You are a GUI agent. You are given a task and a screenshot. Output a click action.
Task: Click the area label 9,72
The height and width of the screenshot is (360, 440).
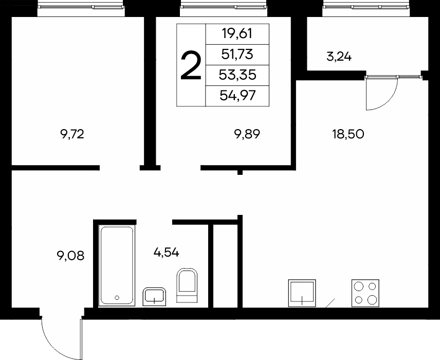coord(72,134)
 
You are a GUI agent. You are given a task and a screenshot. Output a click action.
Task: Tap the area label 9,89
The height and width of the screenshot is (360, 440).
coord(247,134)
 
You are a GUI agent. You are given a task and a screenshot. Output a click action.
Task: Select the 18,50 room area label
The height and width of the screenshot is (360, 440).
coord(348,134)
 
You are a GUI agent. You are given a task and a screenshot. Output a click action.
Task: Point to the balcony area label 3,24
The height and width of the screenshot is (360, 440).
coord(339,57)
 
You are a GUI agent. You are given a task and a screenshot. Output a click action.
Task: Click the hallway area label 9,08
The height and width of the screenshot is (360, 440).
coord(70,256)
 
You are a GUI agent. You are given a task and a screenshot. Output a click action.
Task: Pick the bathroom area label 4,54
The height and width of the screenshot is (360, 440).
coord(167,252)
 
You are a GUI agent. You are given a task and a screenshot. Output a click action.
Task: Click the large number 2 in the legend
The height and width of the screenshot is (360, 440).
coord(191,66)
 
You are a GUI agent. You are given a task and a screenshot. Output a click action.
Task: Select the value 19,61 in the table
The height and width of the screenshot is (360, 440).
coord(237,34)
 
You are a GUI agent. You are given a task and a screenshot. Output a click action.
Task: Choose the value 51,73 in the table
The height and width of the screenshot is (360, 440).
coord(237,54)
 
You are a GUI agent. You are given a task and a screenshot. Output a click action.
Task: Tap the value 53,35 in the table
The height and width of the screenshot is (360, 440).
coord(237,75)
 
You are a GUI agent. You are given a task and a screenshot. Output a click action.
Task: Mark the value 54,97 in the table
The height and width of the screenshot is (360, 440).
coord(237,96)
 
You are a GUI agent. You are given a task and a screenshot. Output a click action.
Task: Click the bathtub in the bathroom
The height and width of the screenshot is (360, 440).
coord(117,265)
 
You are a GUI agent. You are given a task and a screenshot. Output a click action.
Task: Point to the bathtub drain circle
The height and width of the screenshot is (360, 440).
coord(117,298)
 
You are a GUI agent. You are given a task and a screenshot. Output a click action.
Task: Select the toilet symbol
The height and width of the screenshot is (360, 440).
coord(187,285)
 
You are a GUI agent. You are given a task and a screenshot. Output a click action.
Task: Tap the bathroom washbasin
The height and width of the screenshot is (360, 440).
coord(154,297)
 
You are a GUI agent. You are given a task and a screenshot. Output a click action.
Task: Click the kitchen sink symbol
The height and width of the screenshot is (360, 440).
coord(302,293)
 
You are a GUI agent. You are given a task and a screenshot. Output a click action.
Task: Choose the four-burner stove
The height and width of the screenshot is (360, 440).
coord(365,293)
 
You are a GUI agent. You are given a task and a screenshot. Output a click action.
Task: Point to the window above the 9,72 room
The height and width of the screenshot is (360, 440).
coord(81,7)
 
